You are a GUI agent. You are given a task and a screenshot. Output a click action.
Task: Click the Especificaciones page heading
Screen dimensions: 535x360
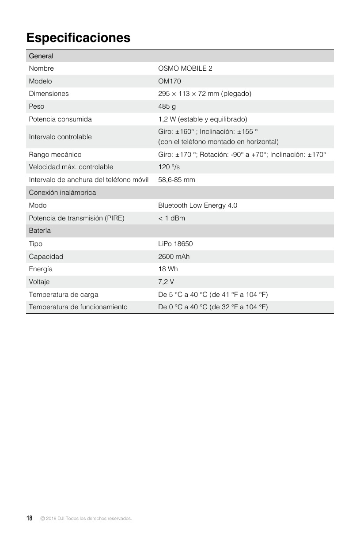tap(78, 38)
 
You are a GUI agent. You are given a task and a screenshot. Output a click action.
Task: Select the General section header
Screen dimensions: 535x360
tap(41, 56)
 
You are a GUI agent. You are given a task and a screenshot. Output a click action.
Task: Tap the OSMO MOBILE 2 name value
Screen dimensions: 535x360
tap(185, 68)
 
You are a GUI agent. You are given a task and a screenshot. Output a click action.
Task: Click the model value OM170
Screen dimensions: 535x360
tap(170, 81)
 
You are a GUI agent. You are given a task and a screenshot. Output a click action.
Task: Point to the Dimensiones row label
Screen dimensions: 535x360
tap(49, 94)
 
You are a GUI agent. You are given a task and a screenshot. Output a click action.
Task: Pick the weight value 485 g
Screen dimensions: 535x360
tap(167, 106)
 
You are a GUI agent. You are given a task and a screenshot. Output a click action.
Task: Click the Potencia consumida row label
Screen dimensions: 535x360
tap(60, 119)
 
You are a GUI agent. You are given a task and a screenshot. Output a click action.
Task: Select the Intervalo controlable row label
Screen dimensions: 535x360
tap(60, 137)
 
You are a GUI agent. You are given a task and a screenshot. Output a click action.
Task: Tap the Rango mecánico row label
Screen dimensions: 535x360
tap(55, 155)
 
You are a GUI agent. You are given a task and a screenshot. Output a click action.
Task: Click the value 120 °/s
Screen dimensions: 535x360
tap(169, 167)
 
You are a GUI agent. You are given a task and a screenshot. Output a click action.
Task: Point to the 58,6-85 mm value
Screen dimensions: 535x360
tap(177, 180)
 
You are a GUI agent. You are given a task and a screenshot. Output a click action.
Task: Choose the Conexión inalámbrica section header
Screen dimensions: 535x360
tap(62, 193)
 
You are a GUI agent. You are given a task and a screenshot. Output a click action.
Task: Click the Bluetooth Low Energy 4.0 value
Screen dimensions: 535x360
tap(197, 205)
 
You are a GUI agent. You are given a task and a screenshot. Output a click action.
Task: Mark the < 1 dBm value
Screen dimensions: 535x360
tap(172, 218)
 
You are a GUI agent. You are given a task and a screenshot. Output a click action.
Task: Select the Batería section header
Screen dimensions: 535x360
tap(40, 231)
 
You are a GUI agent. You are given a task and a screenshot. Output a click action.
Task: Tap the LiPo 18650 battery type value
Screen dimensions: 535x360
tap(175, 244)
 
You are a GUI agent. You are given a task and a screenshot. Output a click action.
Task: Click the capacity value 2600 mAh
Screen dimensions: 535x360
tap(174, 257)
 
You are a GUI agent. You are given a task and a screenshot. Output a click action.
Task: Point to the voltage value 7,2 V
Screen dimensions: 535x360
tap(166, 282)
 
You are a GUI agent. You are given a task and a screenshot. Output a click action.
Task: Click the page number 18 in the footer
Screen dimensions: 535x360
tap(29, 518)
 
